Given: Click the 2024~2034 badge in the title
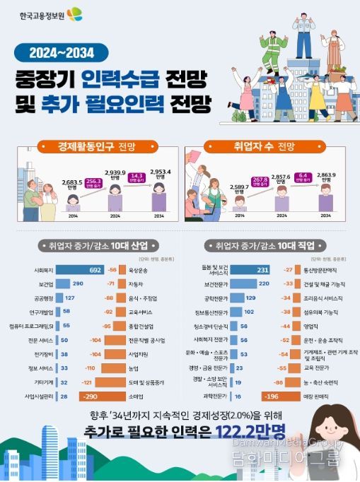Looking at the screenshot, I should (x=62, y=52).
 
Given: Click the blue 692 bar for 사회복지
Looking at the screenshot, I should (x=80, y=270).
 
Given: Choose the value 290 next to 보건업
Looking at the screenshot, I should (x=79, y=283).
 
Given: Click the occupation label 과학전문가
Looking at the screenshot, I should (x=216, y=396).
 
